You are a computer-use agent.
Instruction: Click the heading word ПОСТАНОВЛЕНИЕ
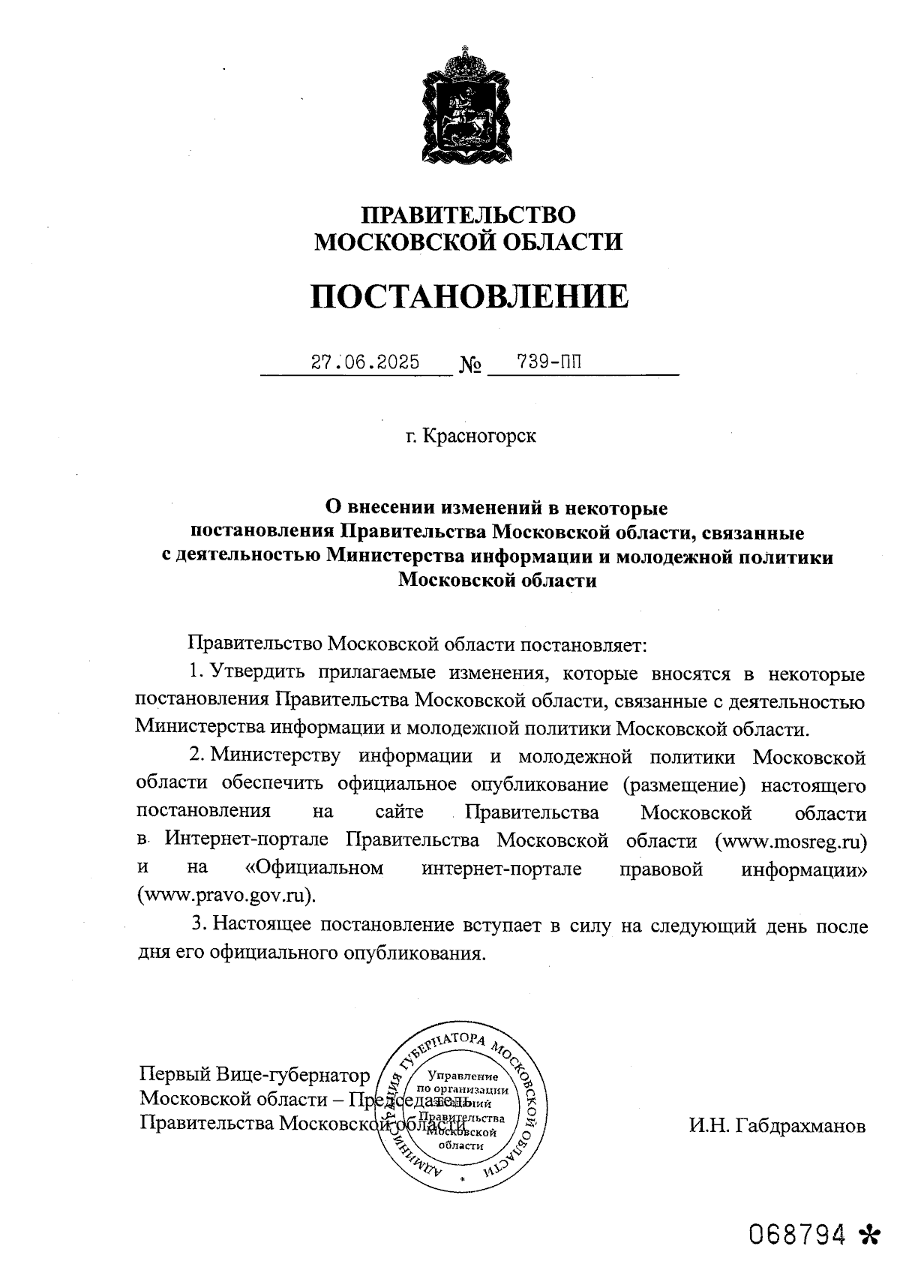click(470, 297)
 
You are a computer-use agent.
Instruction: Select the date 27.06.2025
click(365, 363)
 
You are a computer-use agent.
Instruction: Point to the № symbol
click(470, 366)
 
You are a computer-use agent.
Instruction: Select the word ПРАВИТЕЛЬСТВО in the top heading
click(469, 215)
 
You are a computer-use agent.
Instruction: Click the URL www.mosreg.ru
click(791, 841)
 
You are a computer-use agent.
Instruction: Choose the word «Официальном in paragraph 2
click(314, 868)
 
